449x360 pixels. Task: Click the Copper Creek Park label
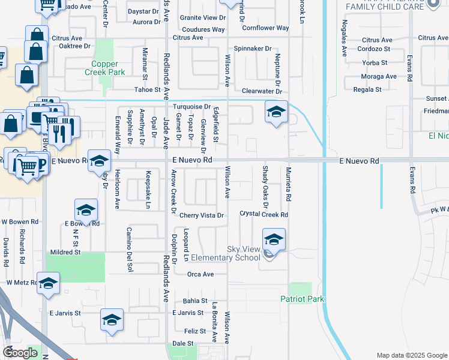[x=108, y=68]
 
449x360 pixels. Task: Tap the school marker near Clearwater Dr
[x=276, y=112]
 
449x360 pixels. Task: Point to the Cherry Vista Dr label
[x=201, y=215]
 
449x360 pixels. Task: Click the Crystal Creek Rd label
[x=264, y=214]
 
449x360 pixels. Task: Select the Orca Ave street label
[x=200, y=274]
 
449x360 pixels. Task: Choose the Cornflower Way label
[x=265, y=28]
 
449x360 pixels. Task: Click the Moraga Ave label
[x=379, y=76]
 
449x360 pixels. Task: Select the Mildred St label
[x=65, y=253]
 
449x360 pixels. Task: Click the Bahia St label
[x=196, y=301]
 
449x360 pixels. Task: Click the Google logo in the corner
[x=20, y=353]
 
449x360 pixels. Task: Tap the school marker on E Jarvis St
[x=112, y=320]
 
